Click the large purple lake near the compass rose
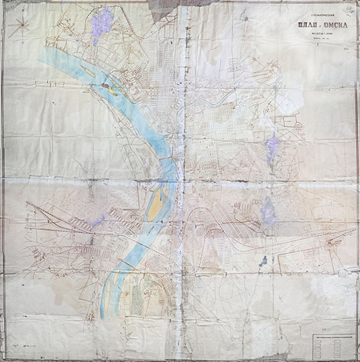[x=102, y=24]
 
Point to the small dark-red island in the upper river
[x=108, y=87]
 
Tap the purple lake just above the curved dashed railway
[x=267, y=210]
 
